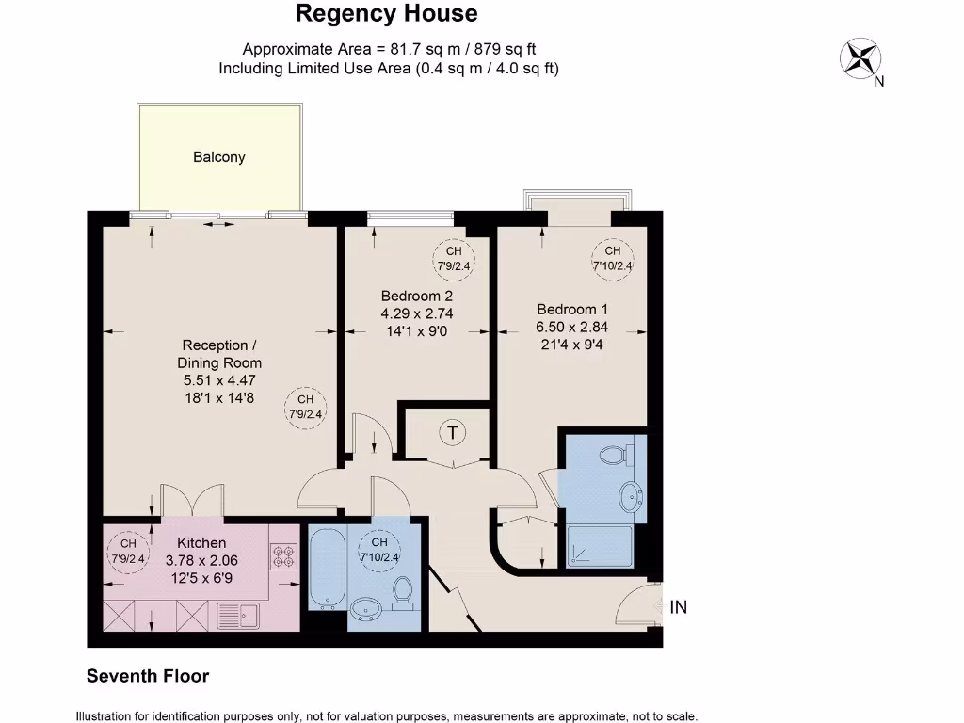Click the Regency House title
tap(386, 14)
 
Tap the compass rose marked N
tap(858, 57)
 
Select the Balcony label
tap(219, 157)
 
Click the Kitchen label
tap(201, 542)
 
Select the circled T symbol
tap(454, 433)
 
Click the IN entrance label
tap(678, 607)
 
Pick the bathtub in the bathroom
tap(328, 568)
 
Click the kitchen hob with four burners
tap(282, 558)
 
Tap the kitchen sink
tap(238, 616)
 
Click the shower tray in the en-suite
tap(602, 546)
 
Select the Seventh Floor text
tap(148, 676)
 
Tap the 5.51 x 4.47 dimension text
tap(219, 380)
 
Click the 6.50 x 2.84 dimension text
tap(572, 327)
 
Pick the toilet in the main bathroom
tap(403, 592)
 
